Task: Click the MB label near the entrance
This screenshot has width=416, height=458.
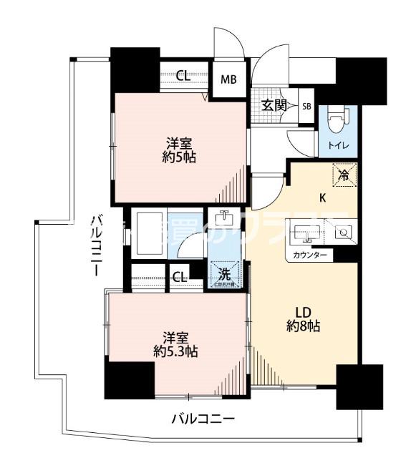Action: pyautogui.click(x=228, y=79)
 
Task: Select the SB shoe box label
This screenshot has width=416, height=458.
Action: pyautogui.click(x=306, y=107)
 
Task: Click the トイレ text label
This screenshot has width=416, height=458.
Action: pyautogui.click(x=339, y=146)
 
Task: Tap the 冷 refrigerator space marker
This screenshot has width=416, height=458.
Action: pyautogui.click(x=343, y=173)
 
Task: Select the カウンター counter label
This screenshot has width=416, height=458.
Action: pyautogui.click(x=309, y=255)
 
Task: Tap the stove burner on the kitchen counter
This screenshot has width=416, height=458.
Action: pyautogui.click(x=343, y=232)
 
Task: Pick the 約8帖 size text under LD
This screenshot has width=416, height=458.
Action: pyautogui.click(x=305, y=326)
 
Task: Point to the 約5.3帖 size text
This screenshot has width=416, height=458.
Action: pyautogui.click(x=175, y=351)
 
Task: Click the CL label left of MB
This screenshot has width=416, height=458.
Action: pyautogui.click(x=183, y=74)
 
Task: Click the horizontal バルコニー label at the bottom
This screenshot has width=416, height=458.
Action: pyautogui.click(x=203, y=419)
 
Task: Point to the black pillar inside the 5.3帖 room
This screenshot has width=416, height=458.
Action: pyautogui.click(x=130, y=379)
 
